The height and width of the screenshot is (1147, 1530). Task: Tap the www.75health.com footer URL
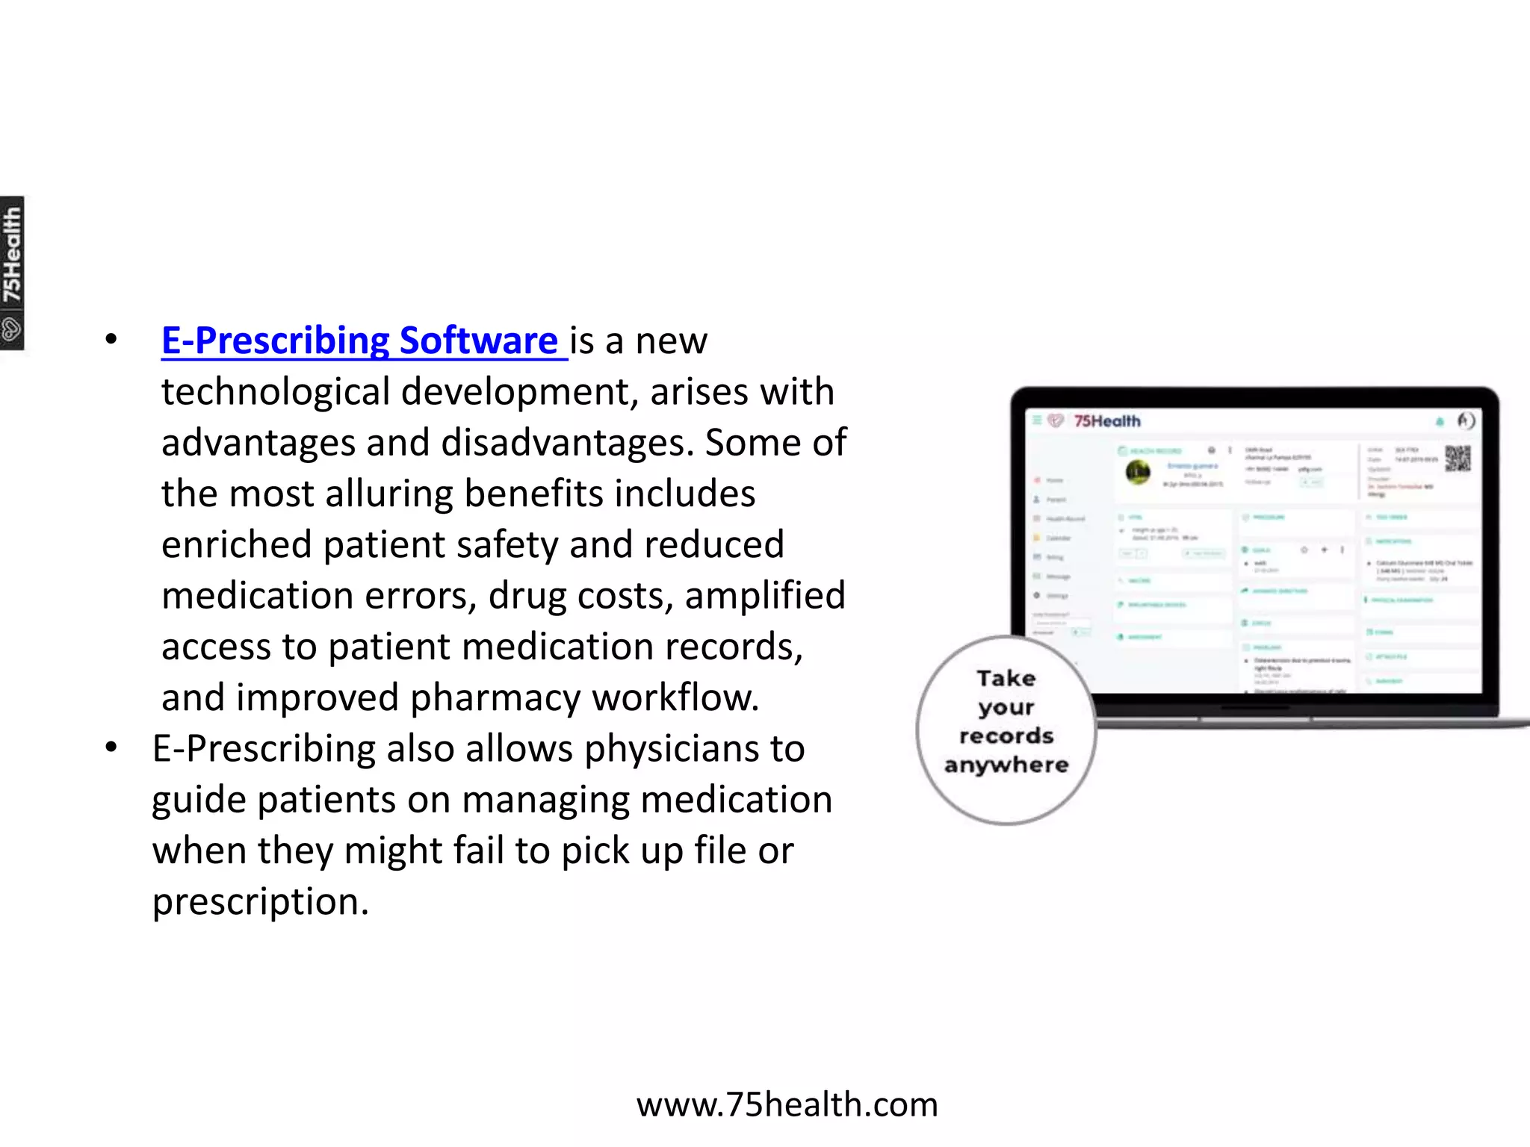(787, 1104)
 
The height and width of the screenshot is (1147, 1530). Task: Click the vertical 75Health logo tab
(12, 273)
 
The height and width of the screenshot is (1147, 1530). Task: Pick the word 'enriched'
(236, 544)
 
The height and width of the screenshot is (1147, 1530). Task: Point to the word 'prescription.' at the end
(261, 902)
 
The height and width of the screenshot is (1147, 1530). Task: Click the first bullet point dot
(111, 340)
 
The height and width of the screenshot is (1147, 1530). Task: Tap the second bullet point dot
(111, 747)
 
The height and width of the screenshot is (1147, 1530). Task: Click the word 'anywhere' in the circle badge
(1006, 765)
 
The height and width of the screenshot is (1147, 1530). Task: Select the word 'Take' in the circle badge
(1006, 678)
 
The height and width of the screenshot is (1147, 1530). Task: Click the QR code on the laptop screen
(1457, 458)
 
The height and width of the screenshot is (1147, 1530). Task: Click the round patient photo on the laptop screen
(1138, 472)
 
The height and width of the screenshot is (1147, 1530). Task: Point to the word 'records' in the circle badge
(1006, 736)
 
